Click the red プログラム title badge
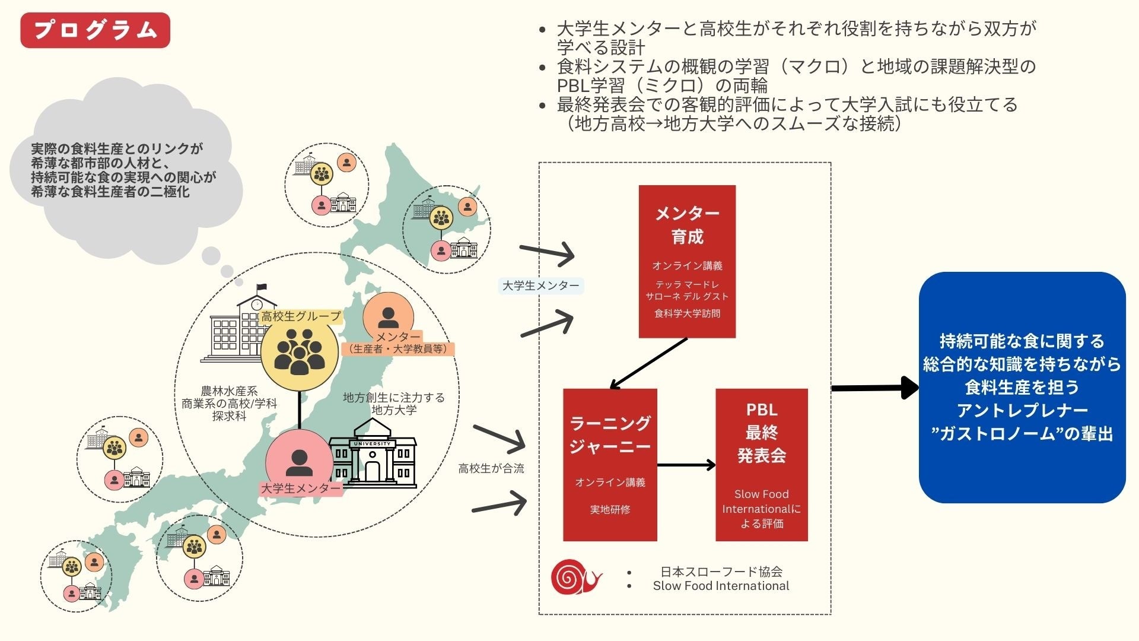(95, 30)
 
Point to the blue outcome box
(1022, 387)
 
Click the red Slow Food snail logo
(574, 577)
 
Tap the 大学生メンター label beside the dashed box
(540, 285)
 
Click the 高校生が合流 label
(491, 468)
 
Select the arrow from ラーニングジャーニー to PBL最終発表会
(686, 465)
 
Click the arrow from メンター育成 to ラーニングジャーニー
(648, 363)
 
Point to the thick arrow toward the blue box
(875, 388)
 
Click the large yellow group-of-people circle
(300, 353)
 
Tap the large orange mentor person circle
(388, 317)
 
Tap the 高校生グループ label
(301, 316)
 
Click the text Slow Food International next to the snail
(721, 586)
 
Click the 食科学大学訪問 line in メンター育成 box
(687, 313)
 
